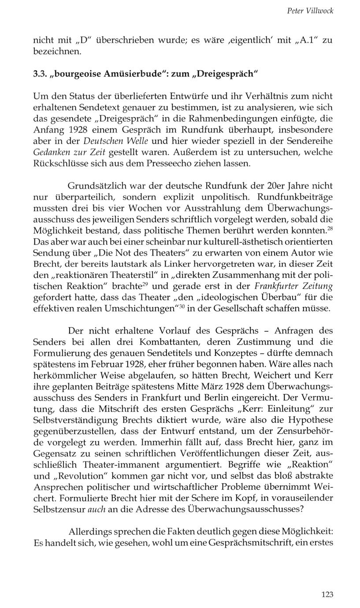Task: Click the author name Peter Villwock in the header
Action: pos(310,11)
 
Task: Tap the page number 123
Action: pos(327,594)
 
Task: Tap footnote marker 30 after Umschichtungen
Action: pos(181,305)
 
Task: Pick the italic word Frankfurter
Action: pos(276,286)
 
